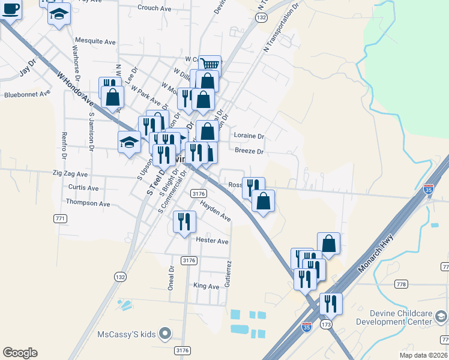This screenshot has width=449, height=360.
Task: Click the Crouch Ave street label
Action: [x=155, y=8]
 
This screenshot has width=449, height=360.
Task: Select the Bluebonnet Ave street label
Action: [x=27, y=94]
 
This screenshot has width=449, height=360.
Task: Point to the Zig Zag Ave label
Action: [x=71, y=175]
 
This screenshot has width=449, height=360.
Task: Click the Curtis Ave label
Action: [x=83, y=188]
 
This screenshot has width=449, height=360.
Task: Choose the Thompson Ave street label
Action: [x=88, y=203]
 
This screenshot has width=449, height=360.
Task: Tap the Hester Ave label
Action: [x=212, y=241]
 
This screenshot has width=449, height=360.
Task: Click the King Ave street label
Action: [x=206, y=286]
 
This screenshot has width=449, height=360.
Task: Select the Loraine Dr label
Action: [x=249, y=136]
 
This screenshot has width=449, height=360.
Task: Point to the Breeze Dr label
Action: [x=249, y=152]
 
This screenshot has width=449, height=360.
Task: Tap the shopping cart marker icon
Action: [x=209, y=64]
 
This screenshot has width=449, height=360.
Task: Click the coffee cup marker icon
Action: [x=10, y=9]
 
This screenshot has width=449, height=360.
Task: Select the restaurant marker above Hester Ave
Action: [x=184, y=221]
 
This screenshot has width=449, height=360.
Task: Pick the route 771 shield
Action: [x=60, y=218]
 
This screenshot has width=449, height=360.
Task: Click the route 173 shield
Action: [x=326, y=325]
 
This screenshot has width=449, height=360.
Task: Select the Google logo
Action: [x=20, y=353]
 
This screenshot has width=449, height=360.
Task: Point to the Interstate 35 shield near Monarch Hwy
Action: [x=429, y=188]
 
